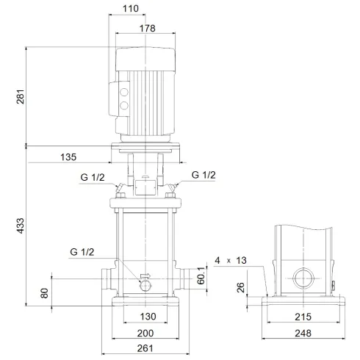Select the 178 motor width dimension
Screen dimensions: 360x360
coord(148,28)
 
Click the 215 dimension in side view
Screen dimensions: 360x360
coord(302,317)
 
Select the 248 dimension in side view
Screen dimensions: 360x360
coord(302,333)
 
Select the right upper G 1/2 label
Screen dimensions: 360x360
coord(204,175)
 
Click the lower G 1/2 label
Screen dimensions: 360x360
coord(83,252)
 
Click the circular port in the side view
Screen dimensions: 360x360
coord(302,279)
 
